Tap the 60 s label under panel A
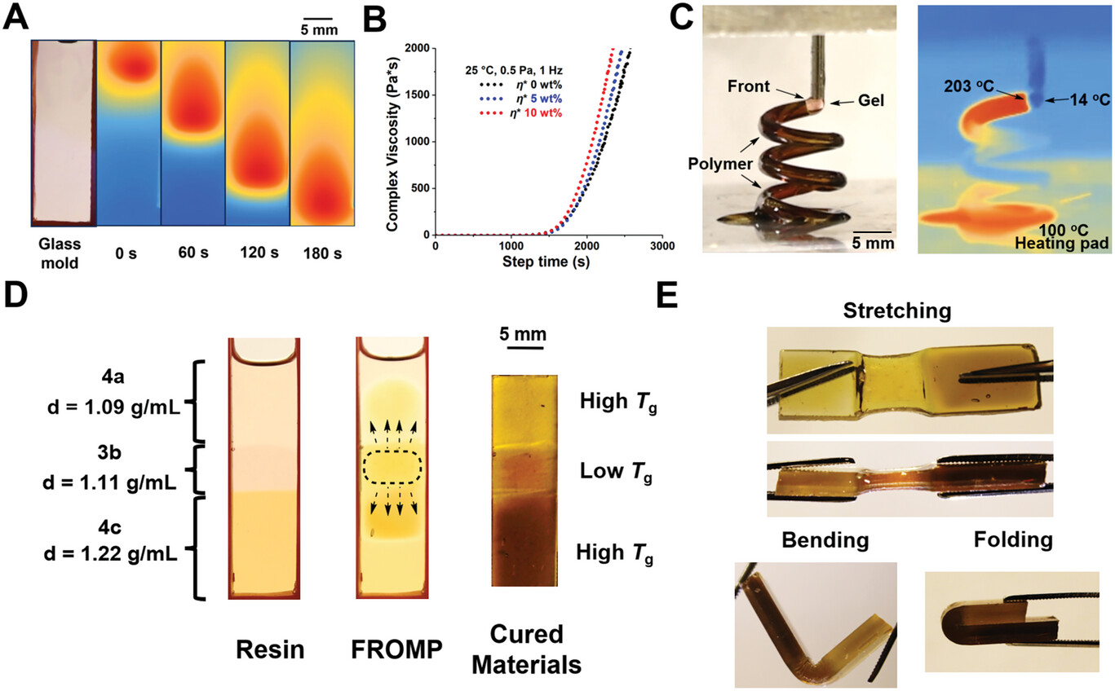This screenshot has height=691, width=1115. click(193, 253)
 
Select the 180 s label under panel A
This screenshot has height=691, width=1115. click(322, 253)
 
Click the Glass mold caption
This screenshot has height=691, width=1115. click(60, 253)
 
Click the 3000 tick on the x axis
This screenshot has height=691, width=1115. click(662, 246)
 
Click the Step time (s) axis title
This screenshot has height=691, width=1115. click(546, 262)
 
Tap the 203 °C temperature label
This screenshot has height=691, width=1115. click(969, 86)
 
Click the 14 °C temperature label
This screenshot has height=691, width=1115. click(1090, 100)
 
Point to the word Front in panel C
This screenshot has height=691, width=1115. click(749, 86)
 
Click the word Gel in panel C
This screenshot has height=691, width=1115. click(871, 100)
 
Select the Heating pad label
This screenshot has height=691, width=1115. click(1062, 243)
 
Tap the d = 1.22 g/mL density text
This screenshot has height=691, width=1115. click(110, 552)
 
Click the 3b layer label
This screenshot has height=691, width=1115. click(109, 453)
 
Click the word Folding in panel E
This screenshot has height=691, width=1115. click(1014, 540)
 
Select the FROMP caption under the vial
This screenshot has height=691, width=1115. click(396, 649)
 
